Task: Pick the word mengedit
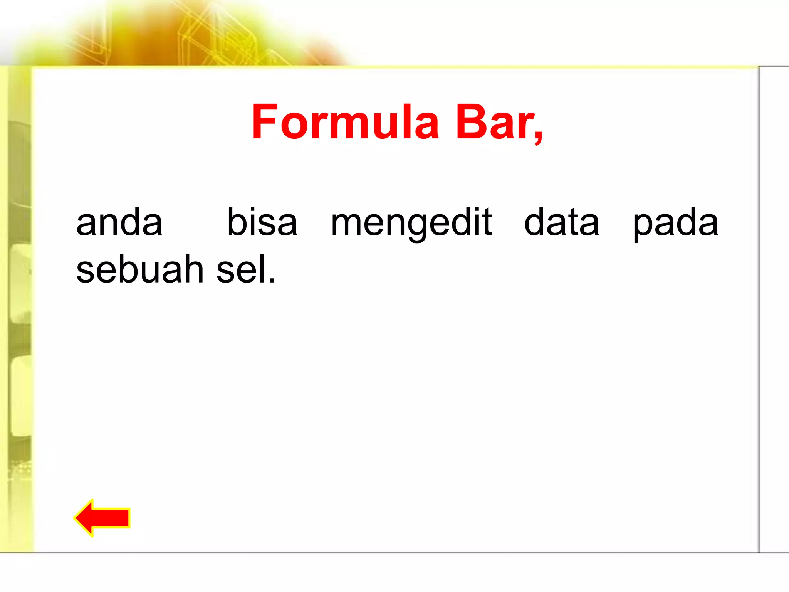pyautogui.click(x=411, y=224)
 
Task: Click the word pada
pyautogui.click(x=675, y=224)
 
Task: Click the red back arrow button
pyautogui.click(x=102, y=518)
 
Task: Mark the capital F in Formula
pyautogui.click(x=264, y=123)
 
